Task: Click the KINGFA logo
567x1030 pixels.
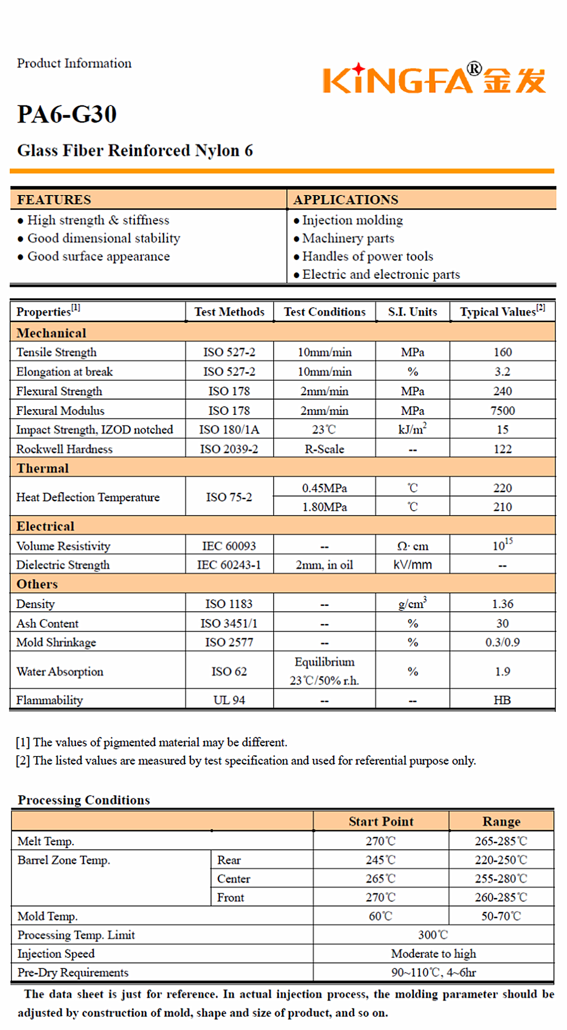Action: tap(434, 79)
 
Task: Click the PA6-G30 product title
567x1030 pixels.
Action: tap(67, 115)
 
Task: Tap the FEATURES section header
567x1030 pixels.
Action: tap(54, 200)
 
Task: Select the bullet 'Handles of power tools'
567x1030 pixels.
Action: tap(367, 256)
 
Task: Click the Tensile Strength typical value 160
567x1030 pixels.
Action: tap(502, 352)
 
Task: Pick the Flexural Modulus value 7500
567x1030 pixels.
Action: tap(502, 410)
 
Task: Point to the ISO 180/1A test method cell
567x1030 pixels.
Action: tap(229, 430)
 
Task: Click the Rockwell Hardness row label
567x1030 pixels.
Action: tap(64, 449)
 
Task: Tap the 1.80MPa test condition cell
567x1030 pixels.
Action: tap(324, 507)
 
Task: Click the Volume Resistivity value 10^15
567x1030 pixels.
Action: tap(502, 545)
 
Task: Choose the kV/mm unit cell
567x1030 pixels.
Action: tap(412, 565)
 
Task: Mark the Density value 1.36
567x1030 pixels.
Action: tap(502, 604)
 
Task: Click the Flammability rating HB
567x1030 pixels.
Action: tap(502, 700)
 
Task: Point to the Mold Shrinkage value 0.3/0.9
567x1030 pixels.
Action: tap(502, 642)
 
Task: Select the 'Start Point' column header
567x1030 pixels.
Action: tap(381, 821)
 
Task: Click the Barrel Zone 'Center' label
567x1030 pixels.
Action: tap(234, 879)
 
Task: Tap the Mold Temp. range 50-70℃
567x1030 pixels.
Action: tap(501, 916)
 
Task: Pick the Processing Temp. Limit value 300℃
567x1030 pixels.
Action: tap(433, 935)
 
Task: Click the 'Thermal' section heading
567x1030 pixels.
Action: tap(43, 468)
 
